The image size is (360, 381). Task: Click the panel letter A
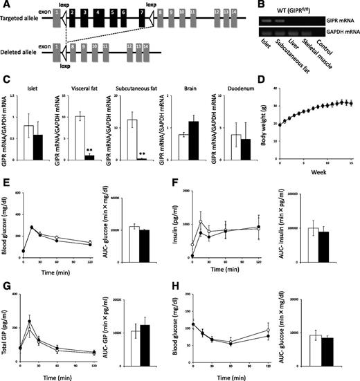[6, 6]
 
